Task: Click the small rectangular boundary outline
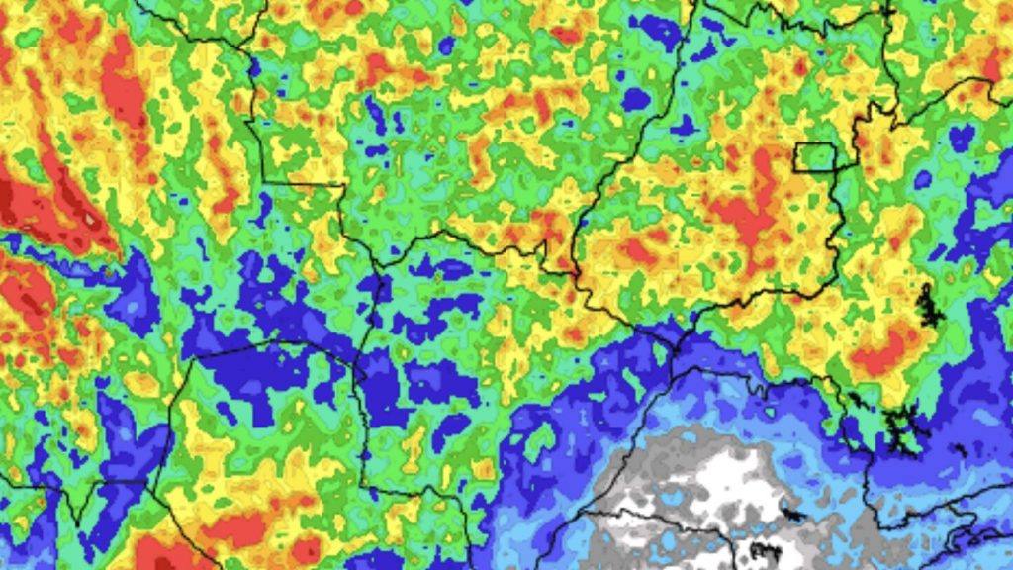[815, 155]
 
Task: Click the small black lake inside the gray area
[791, 514]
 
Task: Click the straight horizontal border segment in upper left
[302, 183]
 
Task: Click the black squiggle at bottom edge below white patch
[765, 550]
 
